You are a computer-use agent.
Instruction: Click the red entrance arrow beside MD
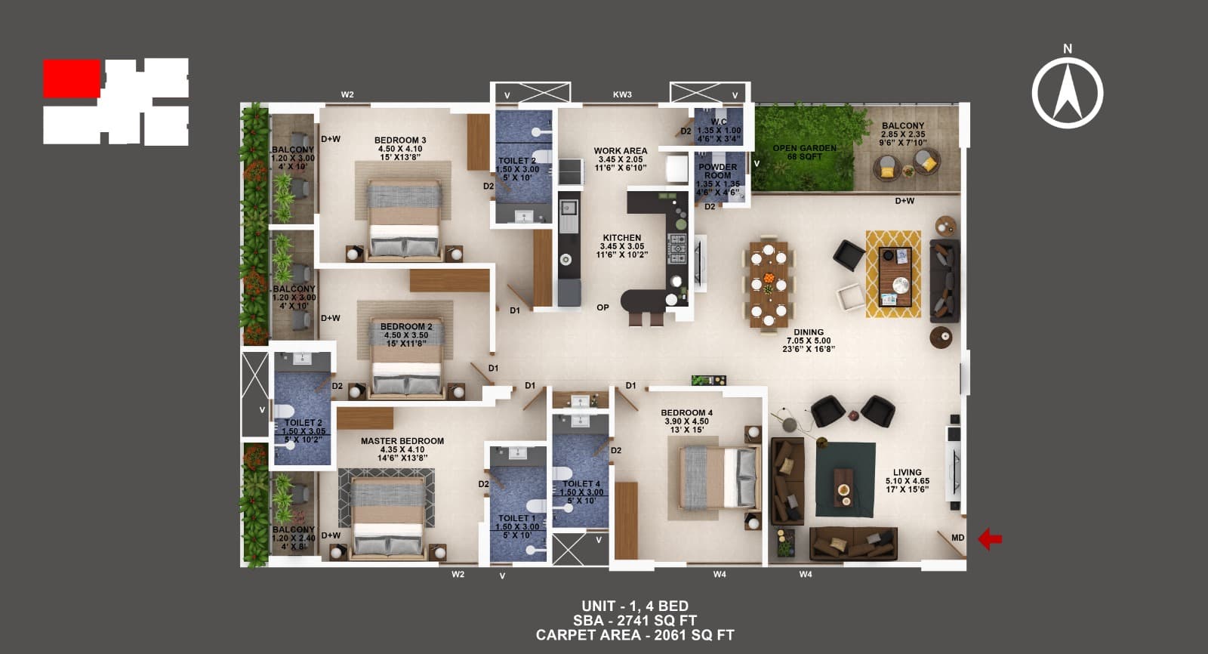(990, 539)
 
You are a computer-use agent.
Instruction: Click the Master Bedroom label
(402, 441)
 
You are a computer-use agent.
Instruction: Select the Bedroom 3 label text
(400, 140)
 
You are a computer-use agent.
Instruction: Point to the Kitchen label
(621, 238)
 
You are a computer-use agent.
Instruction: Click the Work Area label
(620, 151)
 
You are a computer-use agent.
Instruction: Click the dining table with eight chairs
(769, 284)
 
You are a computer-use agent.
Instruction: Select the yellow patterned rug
(893, 273)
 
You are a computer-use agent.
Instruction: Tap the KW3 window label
(622, 95)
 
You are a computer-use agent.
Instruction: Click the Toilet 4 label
(581, 484)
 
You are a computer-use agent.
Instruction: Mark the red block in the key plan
(72, 79)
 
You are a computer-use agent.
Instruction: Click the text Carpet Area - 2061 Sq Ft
(634, 635)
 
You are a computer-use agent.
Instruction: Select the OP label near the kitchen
(602, 307)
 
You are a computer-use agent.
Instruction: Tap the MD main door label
(957, 538)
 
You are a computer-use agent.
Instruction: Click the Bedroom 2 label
(406, 327)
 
